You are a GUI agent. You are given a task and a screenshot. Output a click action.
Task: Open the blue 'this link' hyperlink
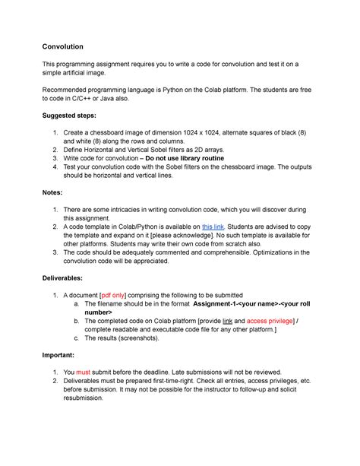[x=213, y=227]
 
